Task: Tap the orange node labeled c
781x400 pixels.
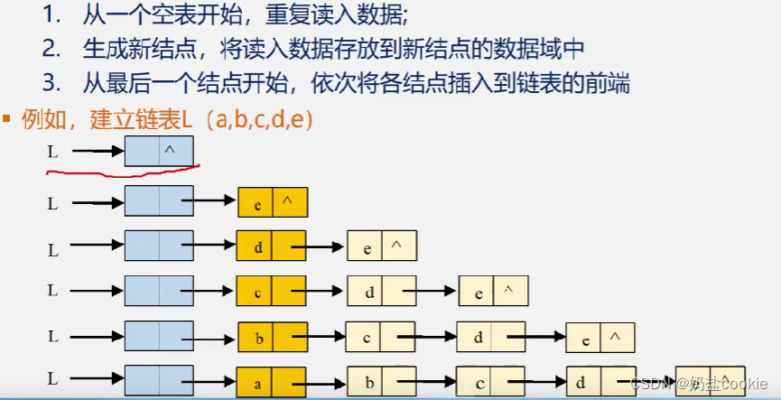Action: point(271,291)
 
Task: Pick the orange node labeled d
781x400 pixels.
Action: point(271,245)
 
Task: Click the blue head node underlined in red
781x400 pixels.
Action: point(159,150)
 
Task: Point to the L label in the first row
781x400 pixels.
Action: point(52,152)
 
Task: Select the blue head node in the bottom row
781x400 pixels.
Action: point(159,380)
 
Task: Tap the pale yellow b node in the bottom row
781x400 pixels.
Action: point(382,382)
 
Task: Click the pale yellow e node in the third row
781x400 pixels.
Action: point(382,246)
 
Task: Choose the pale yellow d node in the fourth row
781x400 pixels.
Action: point(382,291)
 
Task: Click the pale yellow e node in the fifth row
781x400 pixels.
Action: point(600,339)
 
